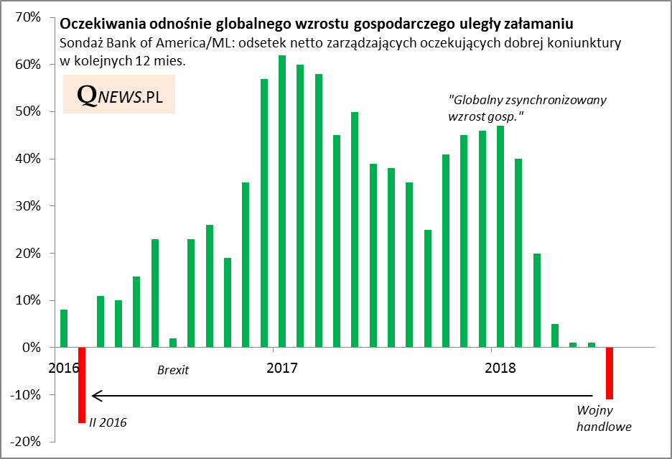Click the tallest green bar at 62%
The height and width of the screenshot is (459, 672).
coord(282,201)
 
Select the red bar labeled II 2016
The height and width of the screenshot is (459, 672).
coord(83,385)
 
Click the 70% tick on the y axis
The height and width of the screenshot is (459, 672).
coord(28,17)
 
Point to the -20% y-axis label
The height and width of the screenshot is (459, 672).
coord(26,442)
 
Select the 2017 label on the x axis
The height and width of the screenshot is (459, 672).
coord(281,368)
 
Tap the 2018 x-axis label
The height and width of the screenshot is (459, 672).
coord(500,368)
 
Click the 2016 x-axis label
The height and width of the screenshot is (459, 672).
coord(63,368)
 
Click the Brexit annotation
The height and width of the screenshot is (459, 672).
coord(172,371)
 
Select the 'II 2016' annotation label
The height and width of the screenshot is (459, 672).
coord(108,422)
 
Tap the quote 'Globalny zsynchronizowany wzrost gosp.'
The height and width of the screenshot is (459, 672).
coord(527,107)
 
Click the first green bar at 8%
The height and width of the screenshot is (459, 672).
coord(64,328)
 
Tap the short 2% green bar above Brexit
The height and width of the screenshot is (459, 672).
coord(173,343)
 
